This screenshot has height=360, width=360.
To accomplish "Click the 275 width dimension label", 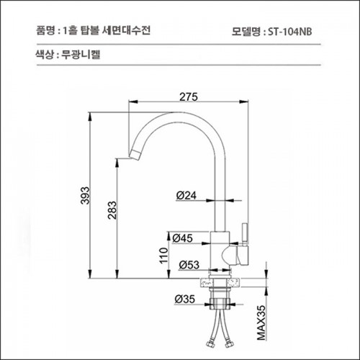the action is pos(189,97).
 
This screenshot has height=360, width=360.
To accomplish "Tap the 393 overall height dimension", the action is pos(85,195).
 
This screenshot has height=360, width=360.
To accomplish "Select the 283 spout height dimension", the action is pos(112,210).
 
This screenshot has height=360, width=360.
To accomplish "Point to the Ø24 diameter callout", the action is pos(186,195).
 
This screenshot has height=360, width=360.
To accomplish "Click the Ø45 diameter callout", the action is pos(183,238).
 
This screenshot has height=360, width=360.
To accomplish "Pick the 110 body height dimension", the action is pos(164,256).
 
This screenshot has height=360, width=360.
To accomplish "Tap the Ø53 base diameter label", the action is pos(189,265).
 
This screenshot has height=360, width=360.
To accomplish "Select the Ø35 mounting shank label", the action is pos(185,300).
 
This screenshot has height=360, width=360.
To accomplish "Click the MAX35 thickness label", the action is pos(261,323).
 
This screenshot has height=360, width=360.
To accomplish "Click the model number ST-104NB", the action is pos(290,32).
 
